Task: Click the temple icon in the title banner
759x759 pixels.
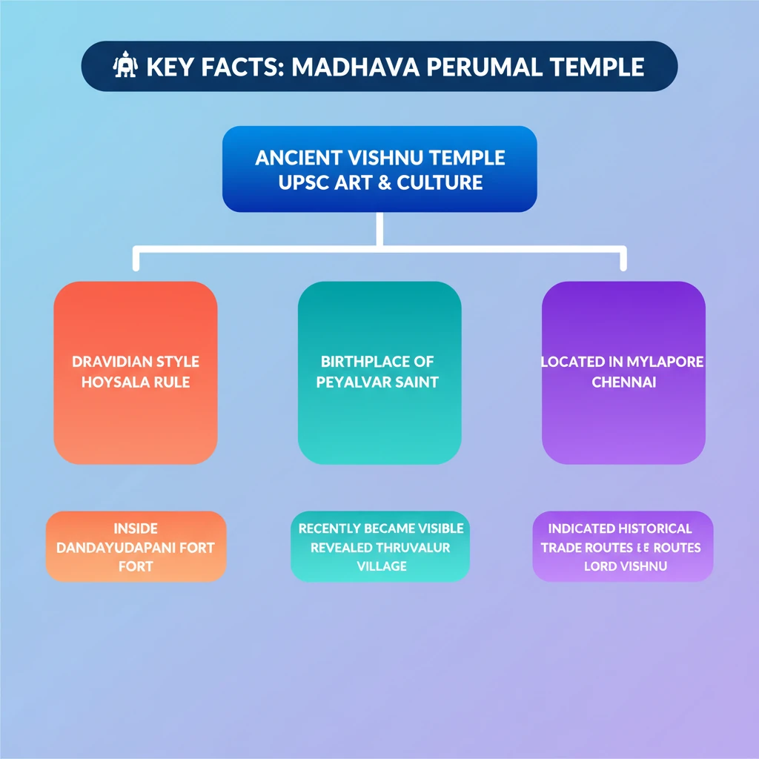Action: [x=125, y=65]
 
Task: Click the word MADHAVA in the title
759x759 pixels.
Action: [x=355, y=67]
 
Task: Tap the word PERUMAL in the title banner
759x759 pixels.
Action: [x=484, y=67]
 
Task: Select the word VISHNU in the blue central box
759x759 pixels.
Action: [x=385, y=158]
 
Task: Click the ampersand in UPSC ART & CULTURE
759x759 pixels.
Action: [x=385, y=182]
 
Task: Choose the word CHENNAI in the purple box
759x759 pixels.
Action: [x=624, y=382]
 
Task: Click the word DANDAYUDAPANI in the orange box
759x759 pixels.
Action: [x=115, y=548]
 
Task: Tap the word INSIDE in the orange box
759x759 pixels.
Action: [x=136, y=528]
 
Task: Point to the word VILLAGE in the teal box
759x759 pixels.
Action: [x=382, y=566]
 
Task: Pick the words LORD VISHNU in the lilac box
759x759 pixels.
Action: [x=626, y=566]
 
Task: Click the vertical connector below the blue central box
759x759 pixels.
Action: [x=379, y=230]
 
